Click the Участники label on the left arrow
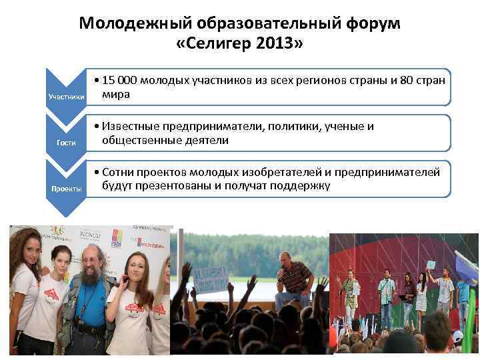(x=66, y=97)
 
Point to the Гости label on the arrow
(x=66, y=143)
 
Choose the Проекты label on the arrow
(x=66, y=189)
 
